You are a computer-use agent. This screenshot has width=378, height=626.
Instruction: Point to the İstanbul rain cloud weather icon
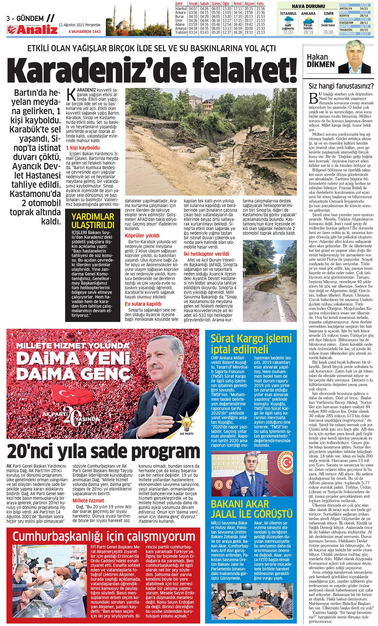288,22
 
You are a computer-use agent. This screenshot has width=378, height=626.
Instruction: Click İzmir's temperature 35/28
328,32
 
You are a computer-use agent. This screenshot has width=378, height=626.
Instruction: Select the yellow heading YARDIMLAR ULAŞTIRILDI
93,221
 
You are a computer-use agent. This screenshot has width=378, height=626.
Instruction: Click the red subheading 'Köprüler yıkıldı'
142,235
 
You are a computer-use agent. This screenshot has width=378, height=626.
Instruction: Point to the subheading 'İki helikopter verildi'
206,254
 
